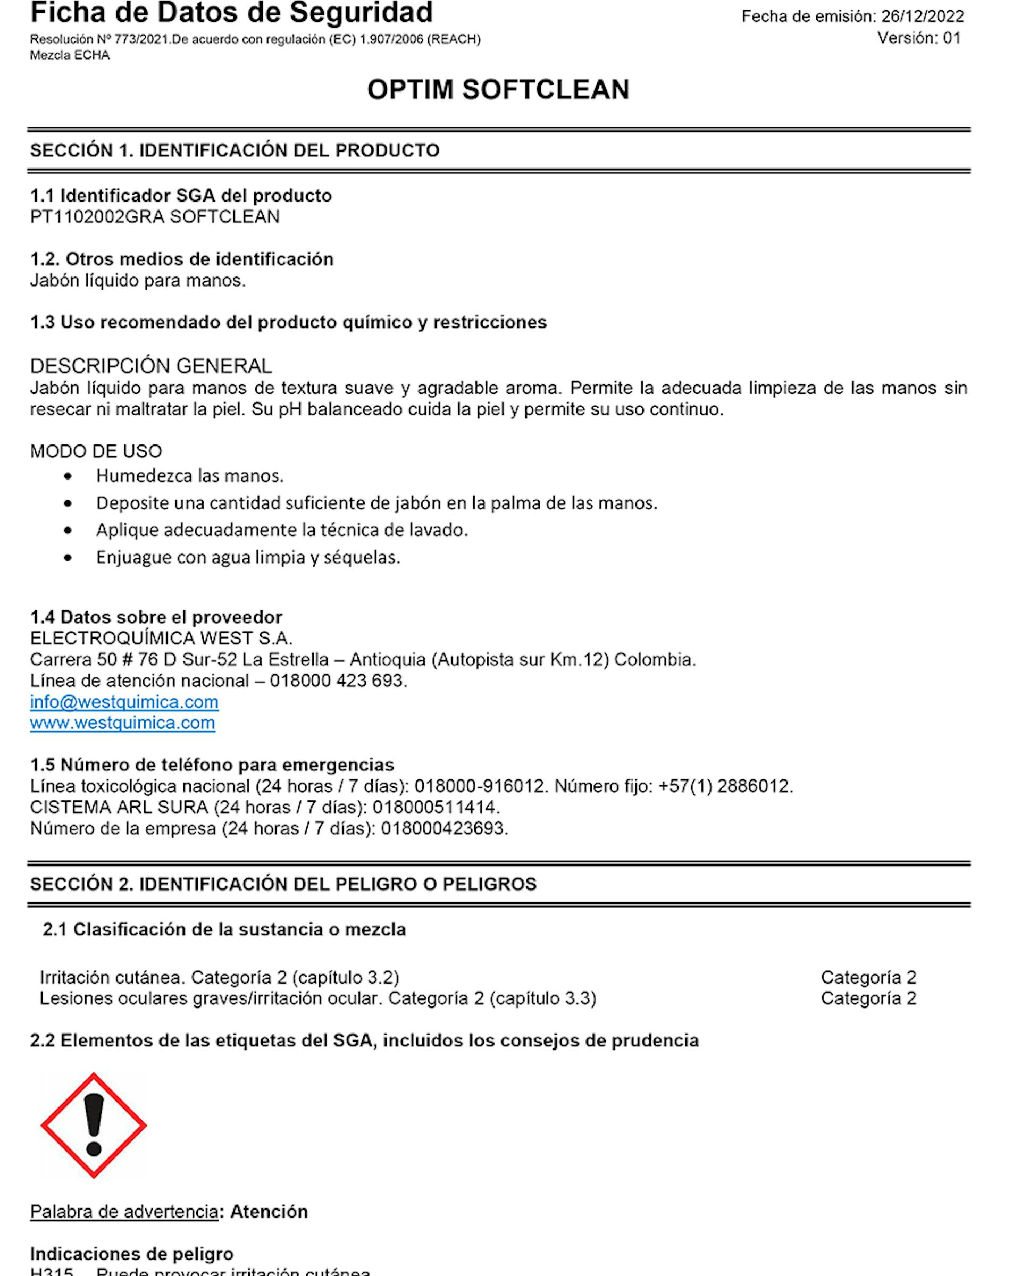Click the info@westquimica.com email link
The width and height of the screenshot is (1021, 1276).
(124, 702)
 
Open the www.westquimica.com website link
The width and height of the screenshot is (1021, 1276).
(122, 723)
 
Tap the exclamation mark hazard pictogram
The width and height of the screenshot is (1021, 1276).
(94, 1125)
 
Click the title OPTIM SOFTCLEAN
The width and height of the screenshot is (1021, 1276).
(498, 90)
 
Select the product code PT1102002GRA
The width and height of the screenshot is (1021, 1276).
(97, 216)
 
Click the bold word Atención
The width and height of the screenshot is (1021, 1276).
(269, 1212)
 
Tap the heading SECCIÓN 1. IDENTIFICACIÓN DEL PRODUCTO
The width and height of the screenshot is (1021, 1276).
(235, 150)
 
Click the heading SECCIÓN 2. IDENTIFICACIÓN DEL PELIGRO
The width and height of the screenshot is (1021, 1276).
(283, 884)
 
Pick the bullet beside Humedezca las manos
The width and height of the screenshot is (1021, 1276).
(69, 476)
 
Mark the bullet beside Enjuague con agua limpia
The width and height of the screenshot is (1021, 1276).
(69, 558)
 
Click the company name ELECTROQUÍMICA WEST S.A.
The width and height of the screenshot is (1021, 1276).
(161, 638)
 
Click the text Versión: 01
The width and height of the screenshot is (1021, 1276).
(918, 38)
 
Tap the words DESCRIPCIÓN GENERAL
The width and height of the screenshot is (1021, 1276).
(151, 366)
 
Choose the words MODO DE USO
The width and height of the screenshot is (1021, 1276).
(96, 451)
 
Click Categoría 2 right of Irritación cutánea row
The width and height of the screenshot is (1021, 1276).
(868, 977)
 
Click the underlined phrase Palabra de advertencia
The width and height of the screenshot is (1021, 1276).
(124, 1212)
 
